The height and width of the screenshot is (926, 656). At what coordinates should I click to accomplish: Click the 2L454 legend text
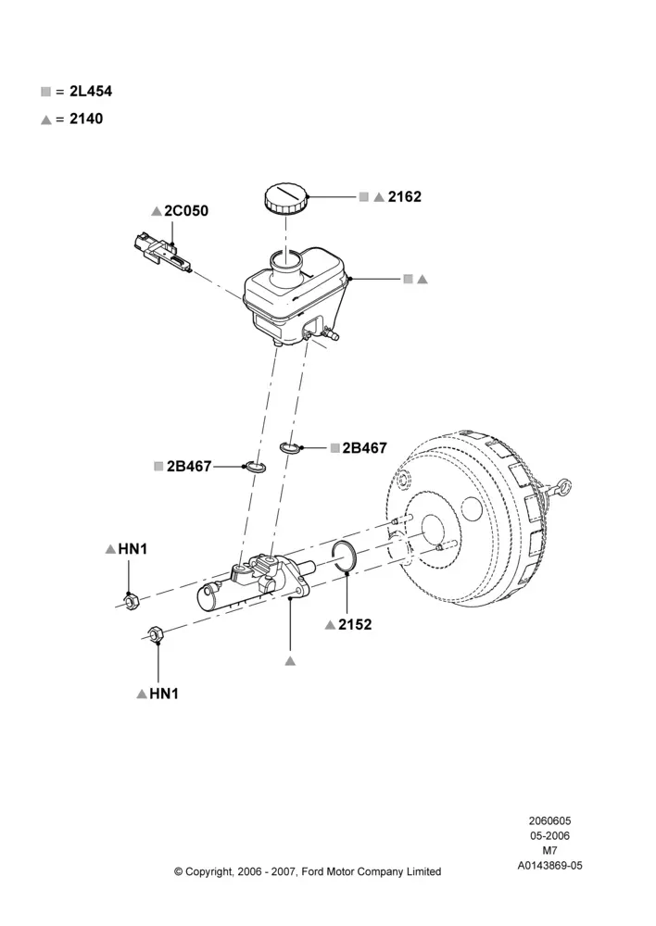point(91,92)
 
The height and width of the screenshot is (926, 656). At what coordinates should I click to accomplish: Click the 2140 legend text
point(85,119)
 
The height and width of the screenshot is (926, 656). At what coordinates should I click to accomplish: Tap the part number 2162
point(404,196)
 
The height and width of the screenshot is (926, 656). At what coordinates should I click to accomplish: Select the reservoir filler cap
point(286,198)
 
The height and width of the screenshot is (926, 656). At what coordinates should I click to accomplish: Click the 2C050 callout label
point(186,211)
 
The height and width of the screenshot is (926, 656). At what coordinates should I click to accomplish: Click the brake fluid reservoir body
point(294,296)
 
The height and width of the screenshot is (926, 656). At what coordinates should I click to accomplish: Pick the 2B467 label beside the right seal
point(365,448)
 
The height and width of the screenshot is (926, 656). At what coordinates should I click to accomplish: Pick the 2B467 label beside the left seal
point(188,467)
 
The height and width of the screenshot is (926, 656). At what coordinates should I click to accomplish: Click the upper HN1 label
point(132,549)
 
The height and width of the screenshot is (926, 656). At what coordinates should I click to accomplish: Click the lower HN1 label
point(164,694)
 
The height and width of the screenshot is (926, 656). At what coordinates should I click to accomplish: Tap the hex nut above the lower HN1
point(155,634)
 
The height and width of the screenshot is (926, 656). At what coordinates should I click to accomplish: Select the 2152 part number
point(355,625)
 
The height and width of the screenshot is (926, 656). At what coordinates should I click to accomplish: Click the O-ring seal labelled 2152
point(344,557)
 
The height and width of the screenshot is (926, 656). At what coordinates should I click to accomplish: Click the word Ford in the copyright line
point(314,871)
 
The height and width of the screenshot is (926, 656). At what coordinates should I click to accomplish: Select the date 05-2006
point(549,835)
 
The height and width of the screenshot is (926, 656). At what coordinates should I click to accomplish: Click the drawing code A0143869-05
point(549,866)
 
